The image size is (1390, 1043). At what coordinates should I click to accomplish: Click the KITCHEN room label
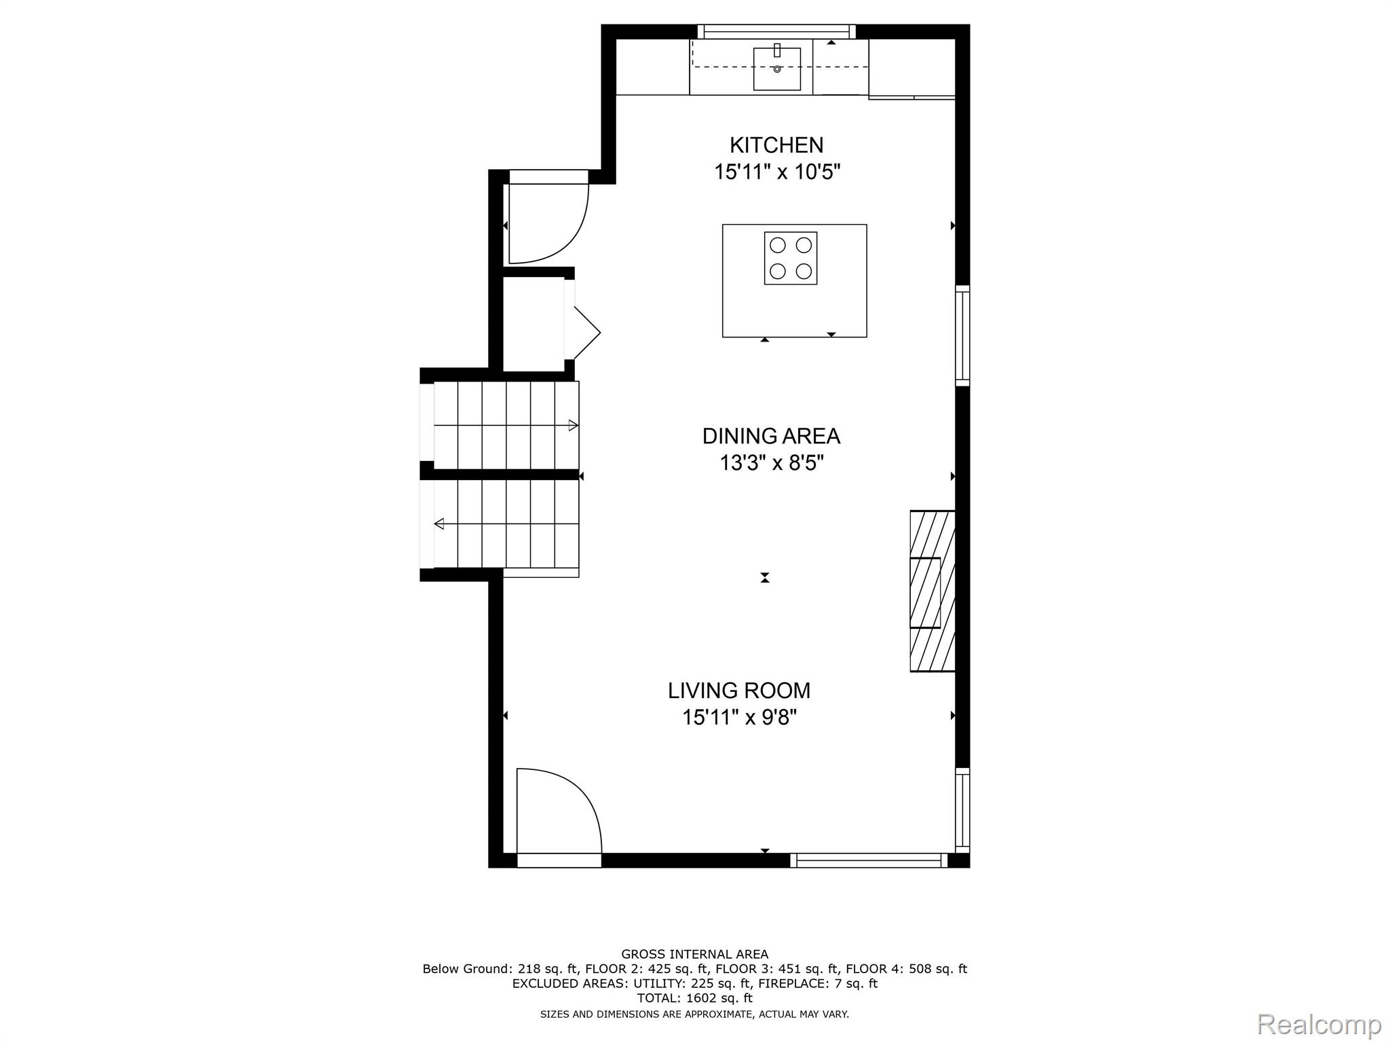(776, 145)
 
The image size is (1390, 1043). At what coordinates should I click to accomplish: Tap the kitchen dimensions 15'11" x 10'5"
(776, 172)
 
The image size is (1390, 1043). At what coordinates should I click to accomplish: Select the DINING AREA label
(771, 436)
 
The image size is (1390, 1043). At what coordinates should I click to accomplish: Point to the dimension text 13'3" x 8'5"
(771, 463)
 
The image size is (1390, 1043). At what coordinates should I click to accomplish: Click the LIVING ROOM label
(739, 691)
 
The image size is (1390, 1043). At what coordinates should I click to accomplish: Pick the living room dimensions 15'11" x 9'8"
(739, 717)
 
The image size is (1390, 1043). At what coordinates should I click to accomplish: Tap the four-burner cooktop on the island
(791, 258)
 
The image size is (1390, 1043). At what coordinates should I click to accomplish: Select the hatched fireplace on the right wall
(933, 591)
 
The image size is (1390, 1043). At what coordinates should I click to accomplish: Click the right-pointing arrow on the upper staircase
(573, 426)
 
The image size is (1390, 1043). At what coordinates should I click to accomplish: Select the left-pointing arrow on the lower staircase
(439, 524)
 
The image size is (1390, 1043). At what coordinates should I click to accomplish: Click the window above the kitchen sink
(776, 31)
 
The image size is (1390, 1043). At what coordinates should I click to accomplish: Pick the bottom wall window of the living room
(869, 860)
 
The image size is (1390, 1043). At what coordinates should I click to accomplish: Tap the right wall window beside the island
(962, 335)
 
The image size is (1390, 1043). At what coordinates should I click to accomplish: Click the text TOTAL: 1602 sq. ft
(694, 998)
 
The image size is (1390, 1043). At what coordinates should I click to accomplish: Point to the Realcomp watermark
(1319, 1024)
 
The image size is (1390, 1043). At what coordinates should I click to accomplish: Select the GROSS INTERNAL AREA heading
(694, 954)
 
